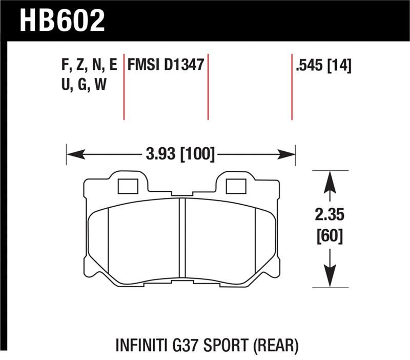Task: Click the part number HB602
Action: click(x=62, y=21)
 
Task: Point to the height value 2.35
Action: click(x=329, y=215)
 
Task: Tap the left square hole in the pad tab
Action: click(x=128, y=186)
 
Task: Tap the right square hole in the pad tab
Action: click(x=236, y=186)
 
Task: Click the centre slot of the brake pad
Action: click(x=181, y=241)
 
